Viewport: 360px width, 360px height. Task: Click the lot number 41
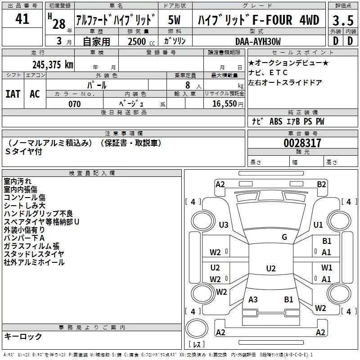pyautogui.click(x=22, y=19)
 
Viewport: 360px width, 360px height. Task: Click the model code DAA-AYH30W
pyautogui.click(x=257, y=41)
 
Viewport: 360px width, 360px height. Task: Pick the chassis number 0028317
pyautogui.click(x=302, y=143)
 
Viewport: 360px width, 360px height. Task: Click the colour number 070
pyautogui.click(x=74, y=104)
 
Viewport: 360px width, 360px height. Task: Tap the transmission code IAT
pyautogui.click(x=13, y=94)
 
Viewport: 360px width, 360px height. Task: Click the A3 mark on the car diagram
pyautogui.click(x=253, y=300)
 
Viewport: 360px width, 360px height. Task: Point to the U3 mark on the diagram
pyautogui.click(x=224, y=225)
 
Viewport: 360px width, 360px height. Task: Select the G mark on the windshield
pyautogui.click(x=284, y=237)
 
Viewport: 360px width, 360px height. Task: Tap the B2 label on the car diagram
pyautogui.click(x=321, y=184)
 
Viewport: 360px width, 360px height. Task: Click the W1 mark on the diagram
pyautogui.click(x=327, y=268)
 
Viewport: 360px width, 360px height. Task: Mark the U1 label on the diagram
pyautogui.click(x=318, y=225)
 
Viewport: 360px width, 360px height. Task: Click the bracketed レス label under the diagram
pyautogui.click(x=197, y=345)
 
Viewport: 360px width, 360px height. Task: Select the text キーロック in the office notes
pyautogui.click(x=23, y=337)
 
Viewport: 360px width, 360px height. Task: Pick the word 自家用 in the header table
pyautogui.click(x=96, y=41)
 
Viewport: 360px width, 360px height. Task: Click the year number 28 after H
pyautogui.click(x=58, y=23)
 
